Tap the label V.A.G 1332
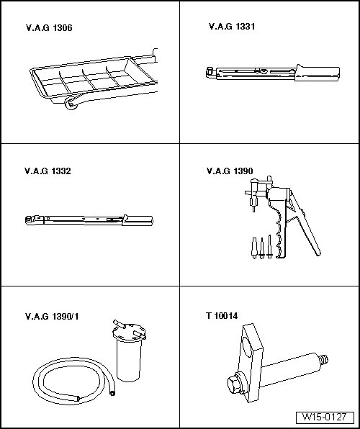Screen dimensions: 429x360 (x=48, y=171)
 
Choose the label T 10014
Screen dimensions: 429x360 (x=222, y=316)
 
